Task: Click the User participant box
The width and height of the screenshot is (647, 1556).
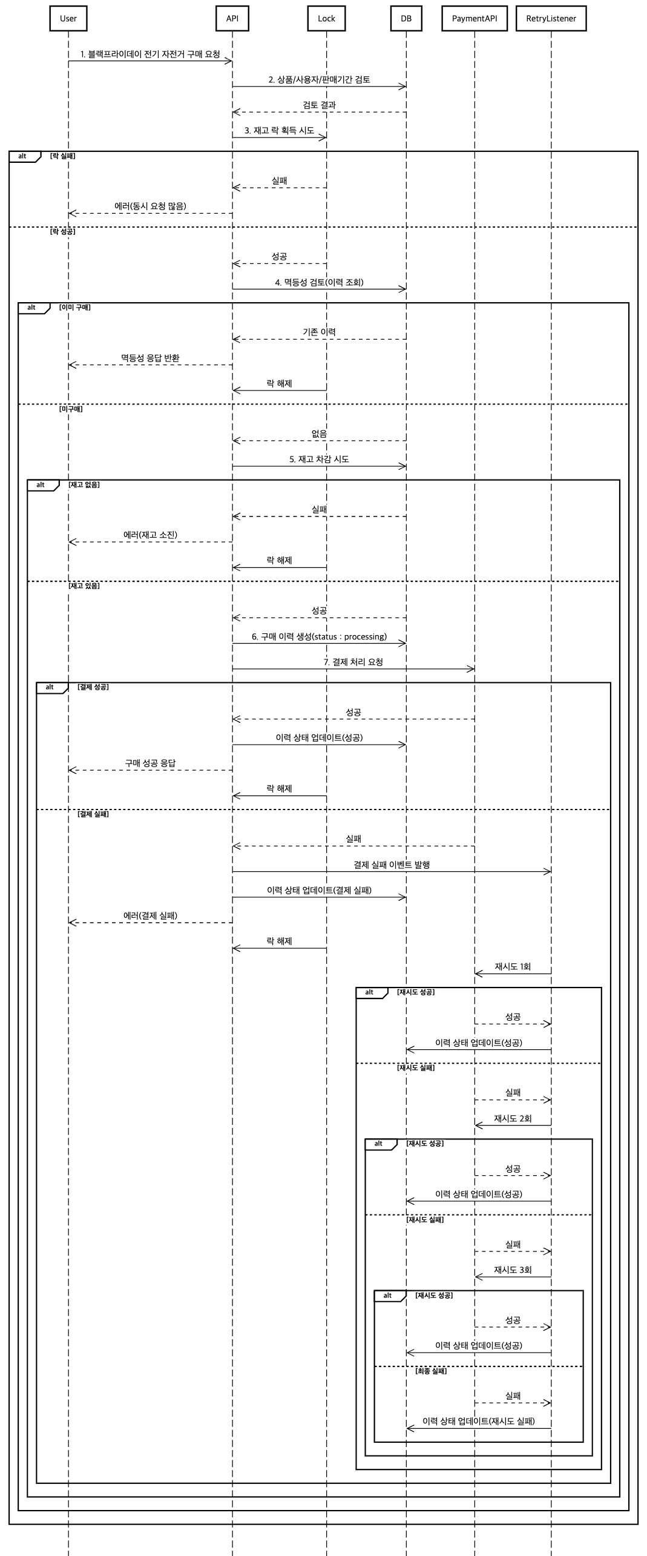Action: point(68,18)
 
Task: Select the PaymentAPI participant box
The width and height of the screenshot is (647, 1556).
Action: point(474,18)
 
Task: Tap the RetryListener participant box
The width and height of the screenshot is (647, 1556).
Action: point(551,18)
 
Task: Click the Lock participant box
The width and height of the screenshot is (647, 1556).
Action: point(326,18)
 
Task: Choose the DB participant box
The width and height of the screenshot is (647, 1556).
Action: point(406,18)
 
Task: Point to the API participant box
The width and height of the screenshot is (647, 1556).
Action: point(232,18)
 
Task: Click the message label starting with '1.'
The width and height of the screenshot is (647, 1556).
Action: point(150,54)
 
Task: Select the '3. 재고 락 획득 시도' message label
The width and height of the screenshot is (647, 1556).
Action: point(279,131)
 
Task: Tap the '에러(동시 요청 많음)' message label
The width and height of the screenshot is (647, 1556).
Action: point(150,206)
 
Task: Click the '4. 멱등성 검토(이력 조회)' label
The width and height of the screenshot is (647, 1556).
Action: point(319,283)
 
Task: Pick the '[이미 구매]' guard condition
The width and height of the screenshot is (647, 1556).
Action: point(75,308)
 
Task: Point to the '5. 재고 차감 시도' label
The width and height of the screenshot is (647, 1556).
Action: point(319,460)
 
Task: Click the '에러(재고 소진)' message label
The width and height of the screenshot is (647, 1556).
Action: point(150,535)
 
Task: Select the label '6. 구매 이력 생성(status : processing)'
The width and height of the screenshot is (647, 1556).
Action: point(319,637)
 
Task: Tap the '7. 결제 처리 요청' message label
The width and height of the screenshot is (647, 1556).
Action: point(353,662)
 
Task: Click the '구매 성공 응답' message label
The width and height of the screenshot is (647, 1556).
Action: point(150,763)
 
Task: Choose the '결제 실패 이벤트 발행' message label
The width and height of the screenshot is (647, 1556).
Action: point(392,865)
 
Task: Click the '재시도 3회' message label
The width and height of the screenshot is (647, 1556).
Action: point(513,1270)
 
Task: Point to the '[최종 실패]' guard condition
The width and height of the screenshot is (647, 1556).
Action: point(431,1371)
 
